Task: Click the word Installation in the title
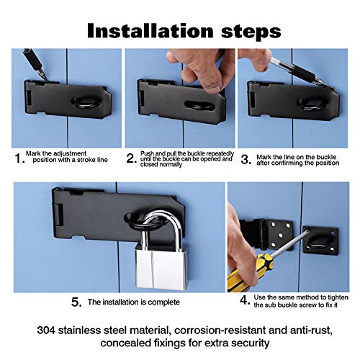pos(150,31)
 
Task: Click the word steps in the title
pos(251,32)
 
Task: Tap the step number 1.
pos(19,158)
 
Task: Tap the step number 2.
pos(131,158)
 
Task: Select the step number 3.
pos(246,160)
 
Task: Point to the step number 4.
pos(245,300)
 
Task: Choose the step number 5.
pos(76,302)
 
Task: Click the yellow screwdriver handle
pos(250,272)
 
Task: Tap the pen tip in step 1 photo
pos(44,76)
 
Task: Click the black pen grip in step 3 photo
pos(303,72)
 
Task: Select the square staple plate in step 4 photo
pos(320,240)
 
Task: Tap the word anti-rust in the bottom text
pos(311,330)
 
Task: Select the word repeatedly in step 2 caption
pos(220,153)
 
